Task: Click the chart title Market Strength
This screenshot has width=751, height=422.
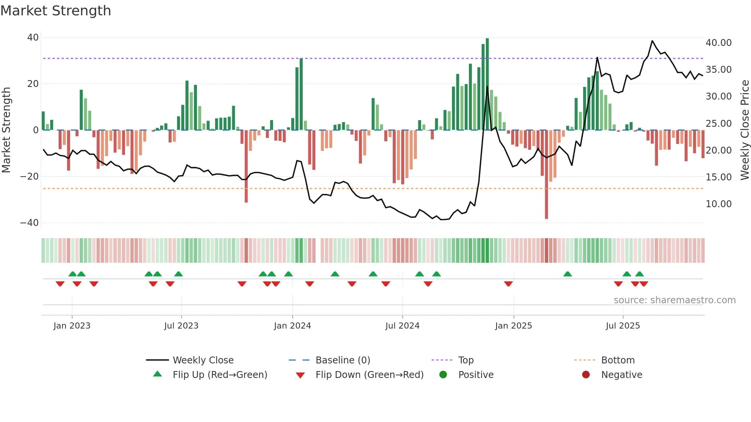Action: pyautogui.click(x=56, y=11)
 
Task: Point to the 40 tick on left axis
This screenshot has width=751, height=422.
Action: pyautogui.click(x=33, y=38)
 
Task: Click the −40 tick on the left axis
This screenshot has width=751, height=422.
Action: pyautogui.click(x=30, y=223)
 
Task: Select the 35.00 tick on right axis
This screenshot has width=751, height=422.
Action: pyautogui.click(x=718, y=70)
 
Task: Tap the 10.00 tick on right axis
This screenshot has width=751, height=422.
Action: pyautogui.click(x=718, y=204)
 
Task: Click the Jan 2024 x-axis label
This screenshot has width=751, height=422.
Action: pyautogui.click(x=292, y=326)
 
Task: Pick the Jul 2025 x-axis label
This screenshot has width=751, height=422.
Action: pyautogui.click(x=623, y=326)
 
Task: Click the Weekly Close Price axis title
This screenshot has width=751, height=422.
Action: pyautogui.click(x=744, y=130)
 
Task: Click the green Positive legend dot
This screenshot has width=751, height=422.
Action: pyautogui.click(x=443, y=375)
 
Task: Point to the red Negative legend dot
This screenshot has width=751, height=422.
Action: pyautogui.click(x=586, y=375)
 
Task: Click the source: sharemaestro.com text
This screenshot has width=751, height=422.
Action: pyautogui.click(x=674, y=300)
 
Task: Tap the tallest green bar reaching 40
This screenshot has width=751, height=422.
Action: pyautogui.click(x=487, y=84)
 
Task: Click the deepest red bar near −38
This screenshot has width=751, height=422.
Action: pyautogui.click(x=546, y=174)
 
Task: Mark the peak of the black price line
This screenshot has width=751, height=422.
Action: pyautogui.click(x=652, y=41)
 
